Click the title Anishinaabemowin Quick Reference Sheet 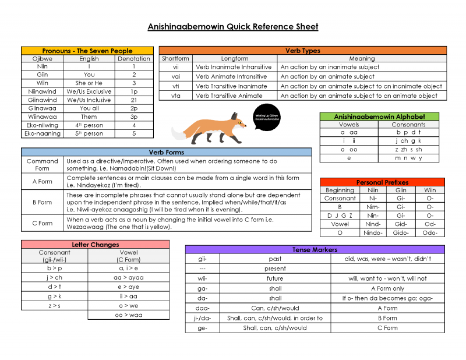click(x=233, y=27)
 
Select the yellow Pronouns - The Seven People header click(x=87, y=51)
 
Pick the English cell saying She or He click(x=89, y=83)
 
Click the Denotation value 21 click(x=134, y=100)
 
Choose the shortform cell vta click(x=175, y=96)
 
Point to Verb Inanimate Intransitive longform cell click(x=231, y=67)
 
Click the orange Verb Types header click(x=302, y=51)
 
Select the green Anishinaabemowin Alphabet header click(x=379, y=117)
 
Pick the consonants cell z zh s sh click(x=408, y=149)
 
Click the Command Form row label click(x=43, y=165)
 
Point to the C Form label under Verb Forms click(x=43, y=223)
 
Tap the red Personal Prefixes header click(x=382, y=182)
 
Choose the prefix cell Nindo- click(x=373, y=232)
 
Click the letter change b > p click(x=54, y=269)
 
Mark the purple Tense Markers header click(x=315, y=249)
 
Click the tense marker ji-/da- click(x=203, y=318)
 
